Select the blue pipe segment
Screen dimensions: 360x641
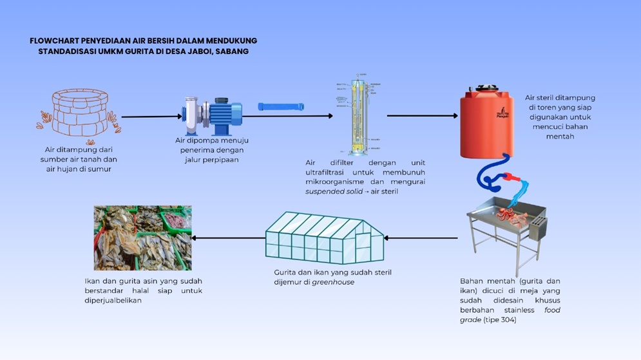pyautogui.click(x=281, y=107)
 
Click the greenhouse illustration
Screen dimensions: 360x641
pyautogui.click(x=325, y=238)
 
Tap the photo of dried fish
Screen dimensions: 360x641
pyautogui.click(x=142, y=238)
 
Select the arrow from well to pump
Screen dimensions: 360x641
pyautogui.click(x=152, y=117)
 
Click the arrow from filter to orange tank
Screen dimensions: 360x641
pyautogui.click(x=422, y=117)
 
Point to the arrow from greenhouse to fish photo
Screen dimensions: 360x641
pyautogui.click(x=229, y=238)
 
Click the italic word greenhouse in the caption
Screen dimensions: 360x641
pyautogui.click(x=333, y=282)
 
